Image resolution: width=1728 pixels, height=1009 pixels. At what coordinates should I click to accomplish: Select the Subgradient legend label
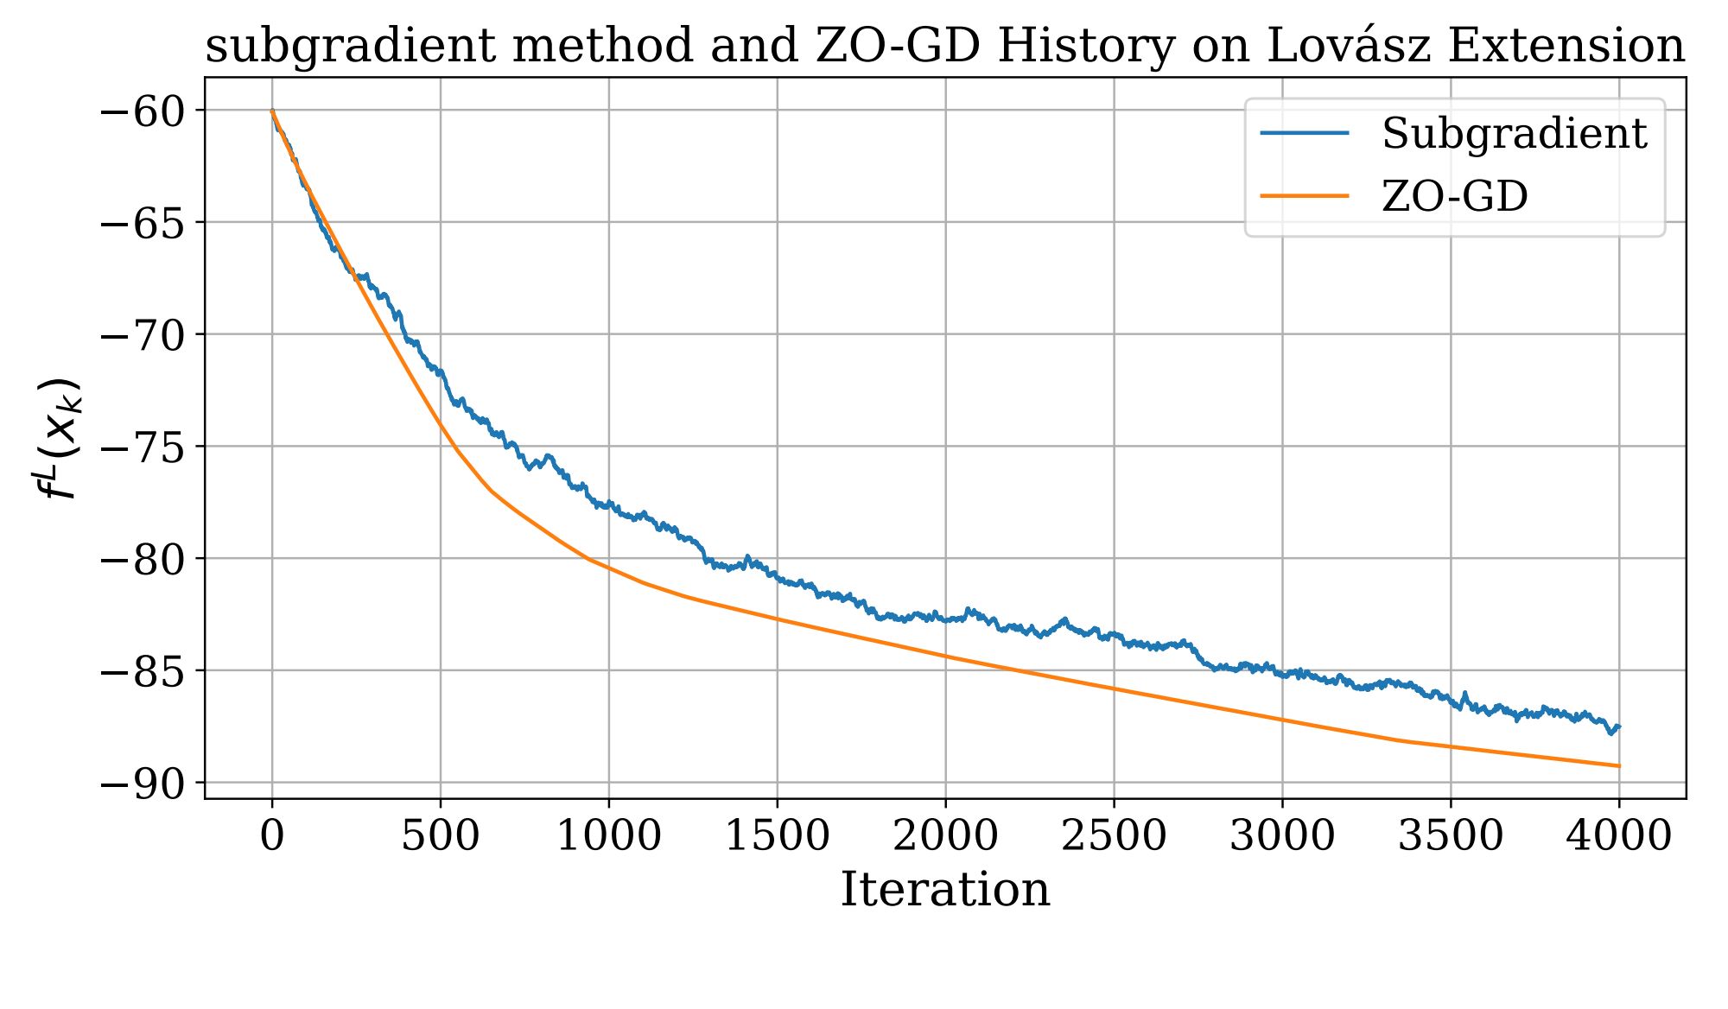click(1514, 134)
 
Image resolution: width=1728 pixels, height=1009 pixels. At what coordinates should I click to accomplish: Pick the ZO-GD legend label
click(1455, 196)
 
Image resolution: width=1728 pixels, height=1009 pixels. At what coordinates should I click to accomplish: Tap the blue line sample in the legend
click(1305, 134)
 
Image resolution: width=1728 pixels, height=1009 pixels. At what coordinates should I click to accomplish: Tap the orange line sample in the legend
click(1305, 196)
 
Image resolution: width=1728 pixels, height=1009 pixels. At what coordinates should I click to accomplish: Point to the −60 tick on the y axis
click(143, 111)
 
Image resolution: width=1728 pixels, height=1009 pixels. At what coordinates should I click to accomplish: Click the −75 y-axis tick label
click(143, 447)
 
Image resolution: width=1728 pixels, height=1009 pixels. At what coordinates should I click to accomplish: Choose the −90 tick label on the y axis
click(143, 784)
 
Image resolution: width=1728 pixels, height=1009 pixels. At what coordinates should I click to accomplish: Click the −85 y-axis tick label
click(143, 671)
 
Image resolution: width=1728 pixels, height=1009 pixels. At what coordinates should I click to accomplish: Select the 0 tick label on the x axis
click(272, 836)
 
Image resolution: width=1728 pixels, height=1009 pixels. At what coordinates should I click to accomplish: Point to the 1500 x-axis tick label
click(777, 836)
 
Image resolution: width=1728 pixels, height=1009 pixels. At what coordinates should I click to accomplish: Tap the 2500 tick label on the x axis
click(1114, 836)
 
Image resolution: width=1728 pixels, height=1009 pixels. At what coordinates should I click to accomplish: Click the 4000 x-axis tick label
click(1618, 836)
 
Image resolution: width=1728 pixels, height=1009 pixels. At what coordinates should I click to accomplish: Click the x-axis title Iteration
click(945, 890)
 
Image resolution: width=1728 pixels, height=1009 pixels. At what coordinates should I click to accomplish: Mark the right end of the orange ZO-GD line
click(1618, 765)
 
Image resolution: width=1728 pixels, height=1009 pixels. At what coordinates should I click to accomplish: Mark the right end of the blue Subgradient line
click(1618, 727)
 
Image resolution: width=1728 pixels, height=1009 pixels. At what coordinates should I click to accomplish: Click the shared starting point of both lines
click(272, 111)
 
